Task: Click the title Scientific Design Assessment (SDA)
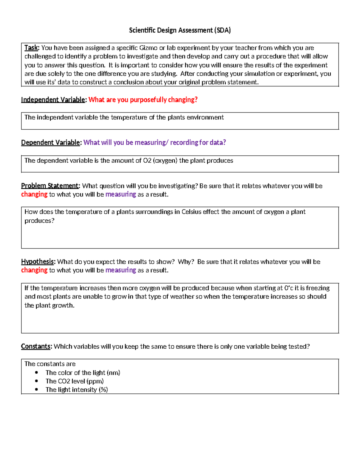[180, 30]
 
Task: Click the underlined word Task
[31, 48]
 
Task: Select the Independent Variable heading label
[53, 100]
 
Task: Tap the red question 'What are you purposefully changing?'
[143, 100]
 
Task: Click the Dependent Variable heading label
[51, 143]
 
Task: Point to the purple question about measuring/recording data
[154, 143]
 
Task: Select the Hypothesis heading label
[37, 262]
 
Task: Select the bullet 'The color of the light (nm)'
[83, 373]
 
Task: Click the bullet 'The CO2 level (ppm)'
[74, 381]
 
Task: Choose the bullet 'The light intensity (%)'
[76, 389]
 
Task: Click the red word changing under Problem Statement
[34, 194]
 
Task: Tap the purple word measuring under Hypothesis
[121, 270]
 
